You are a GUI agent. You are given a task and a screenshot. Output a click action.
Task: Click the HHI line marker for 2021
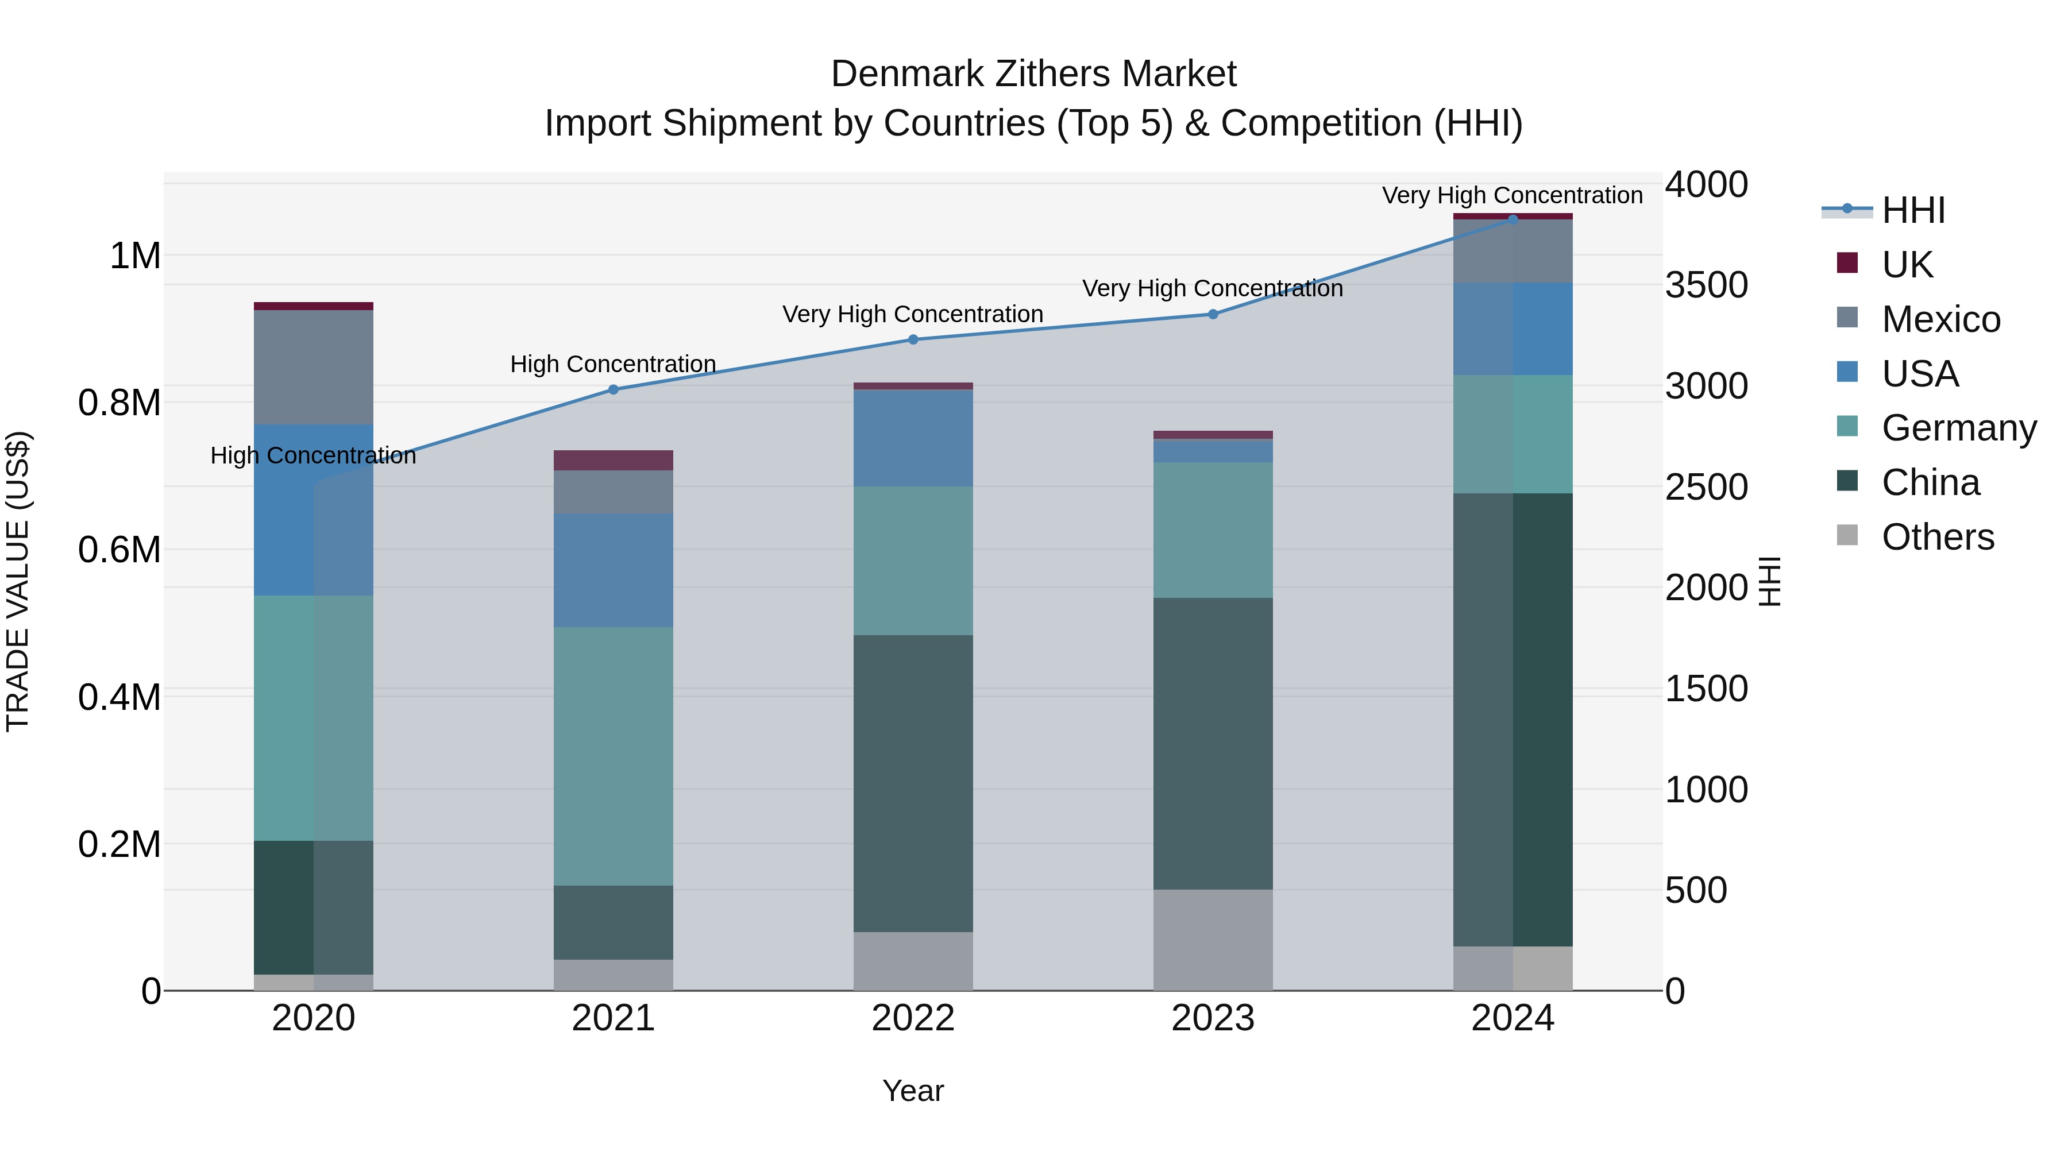[x=614, y=389]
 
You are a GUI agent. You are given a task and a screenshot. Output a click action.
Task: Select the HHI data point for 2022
[x=913, y=339]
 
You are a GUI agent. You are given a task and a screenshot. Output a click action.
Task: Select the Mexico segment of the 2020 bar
[x=313, y=367]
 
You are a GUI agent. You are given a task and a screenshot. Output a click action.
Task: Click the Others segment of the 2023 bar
[x=1213, y=939]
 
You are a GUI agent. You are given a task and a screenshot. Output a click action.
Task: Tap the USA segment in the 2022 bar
[x=913, y=438]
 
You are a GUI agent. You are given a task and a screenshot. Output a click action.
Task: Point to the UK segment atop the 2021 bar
[x=614, y=460]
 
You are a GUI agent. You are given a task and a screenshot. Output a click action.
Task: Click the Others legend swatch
[x=1847, y=535]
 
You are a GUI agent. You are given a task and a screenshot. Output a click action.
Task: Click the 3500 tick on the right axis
[x=1706, y=285]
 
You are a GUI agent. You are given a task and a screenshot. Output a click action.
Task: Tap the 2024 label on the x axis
[x=1513, y=1018]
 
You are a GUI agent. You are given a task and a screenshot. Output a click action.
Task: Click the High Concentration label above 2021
[x=614, y=364]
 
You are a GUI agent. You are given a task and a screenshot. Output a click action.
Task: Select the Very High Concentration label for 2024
[x=1512, y=195]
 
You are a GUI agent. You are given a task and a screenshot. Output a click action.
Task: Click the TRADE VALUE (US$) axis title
[x=18, y=581]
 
